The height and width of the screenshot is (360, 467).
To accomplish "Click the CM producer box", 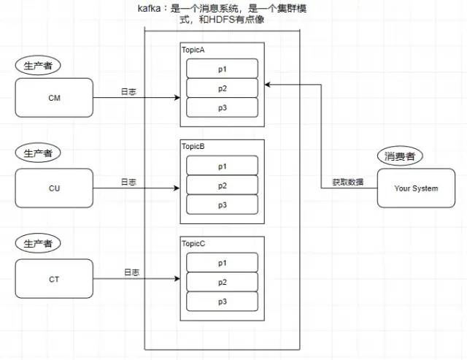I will pos(55,97).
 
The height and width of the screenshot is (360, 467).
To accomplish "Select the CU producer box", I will pos(55,188).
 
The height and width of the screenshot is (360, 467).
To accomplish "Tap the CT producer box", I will pos(55,279).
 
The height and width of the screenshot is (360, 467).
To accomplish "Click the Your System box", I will pos(416,188).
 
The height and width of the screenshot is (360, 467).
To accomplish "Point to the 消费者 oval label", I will pos(401,156).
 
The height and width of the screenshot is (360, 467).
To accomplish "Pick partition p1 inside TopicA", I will pos(222,68).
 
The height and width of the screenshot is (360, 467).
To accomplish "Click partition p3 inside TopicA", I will pos(222,107).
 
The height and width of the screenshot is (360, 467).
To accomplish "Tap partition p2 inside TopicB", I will pos(222,185).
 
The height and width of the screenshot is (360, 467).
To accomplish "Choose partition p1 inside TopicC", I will pos(222,263).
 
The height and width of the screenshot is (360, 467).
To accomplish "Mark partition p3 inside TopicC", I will pos(222,302).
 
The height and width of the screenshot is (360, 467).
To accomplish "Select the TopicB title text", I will pos(194,147).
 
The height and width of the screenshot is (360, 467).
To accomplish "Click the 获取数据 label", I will pos(348,182).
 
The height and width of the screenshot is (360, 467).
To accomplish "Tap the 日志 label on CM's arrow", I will pos(128,91).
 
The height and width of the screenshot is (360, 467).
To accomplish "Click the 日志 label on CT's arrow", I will pos(131,272).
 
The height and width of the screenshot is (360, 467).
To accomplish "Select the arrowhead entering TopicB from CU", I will pos(177,188).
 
